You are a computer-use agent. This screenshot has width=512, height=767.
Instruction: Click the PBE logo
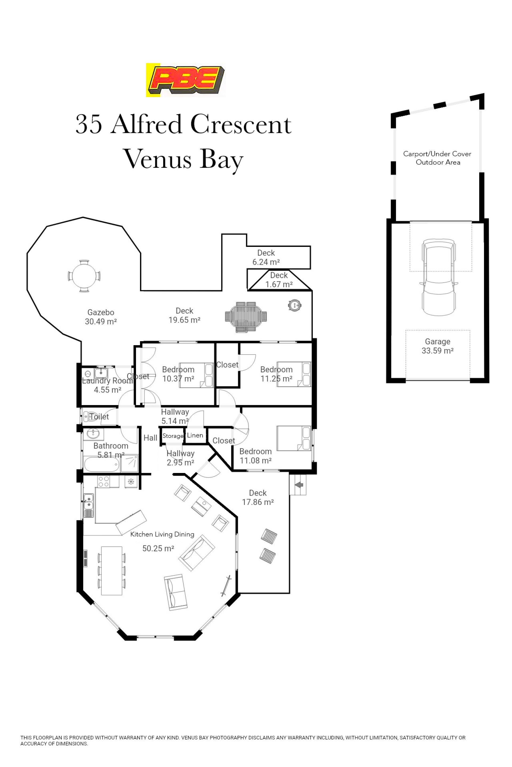186,80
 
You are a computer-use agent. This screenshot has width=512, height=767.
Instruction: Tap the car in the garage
438,278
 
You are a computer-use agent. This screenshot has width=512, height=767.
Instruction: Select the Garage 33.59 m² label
438,346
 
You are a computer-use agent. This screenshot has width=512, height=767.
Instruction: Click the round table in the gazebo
84,276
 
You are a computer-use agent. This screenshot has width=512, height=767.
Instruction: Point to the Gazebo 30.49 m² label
101,317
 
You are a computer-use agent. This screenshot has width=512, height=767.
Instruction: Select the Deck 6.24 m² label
266,257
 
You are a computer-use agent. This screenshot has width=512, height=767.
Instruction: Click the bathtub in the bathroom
102,464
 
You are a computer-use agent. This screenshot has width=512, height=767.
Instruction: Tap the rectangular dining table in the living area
112,571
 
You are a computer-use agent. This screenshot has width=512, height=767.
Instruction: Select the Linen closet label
195,435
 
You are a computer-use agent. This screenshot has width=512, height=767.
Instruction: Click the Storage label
173,436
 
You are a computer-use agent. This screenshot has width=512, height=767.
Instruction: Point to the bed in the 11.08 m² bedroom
294,438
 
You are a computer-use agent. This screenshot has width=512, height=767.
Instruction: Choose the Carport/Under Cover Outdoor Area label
438,158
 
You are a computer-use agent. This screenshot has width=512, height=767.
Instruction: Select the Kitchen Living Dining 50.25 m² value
158,549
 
